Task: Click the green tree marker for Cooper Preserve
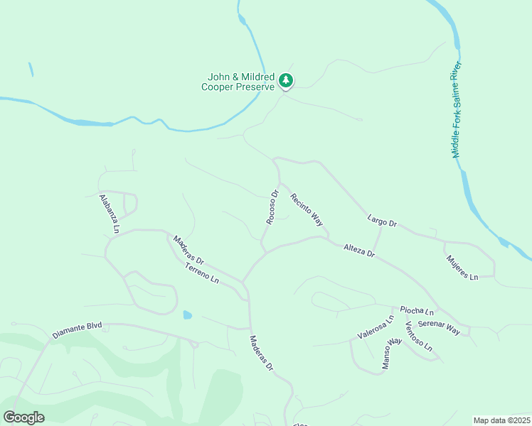point(286,81)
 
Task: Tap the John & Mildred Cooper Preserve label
point(238,82)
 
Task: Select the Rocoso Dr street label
point(272,207)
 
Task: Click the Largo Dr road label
point(382,222)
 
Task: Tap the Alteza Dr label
point(358,251)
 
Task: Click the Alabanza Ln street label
point(109,214)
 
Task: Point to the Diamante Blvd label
point(77,330)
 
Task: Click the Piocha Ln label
point(417,311)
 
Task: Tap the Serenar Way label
point(439,327)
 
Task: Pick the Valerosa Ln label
point(375,327)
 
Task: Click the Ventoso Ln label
point(418,336)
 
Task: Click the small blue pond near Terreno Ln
point(187,315)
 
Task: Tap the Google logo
point(24,417)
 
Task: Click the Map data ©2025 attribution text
point(501,420)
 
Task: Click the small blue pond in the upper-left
point(31,70)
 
